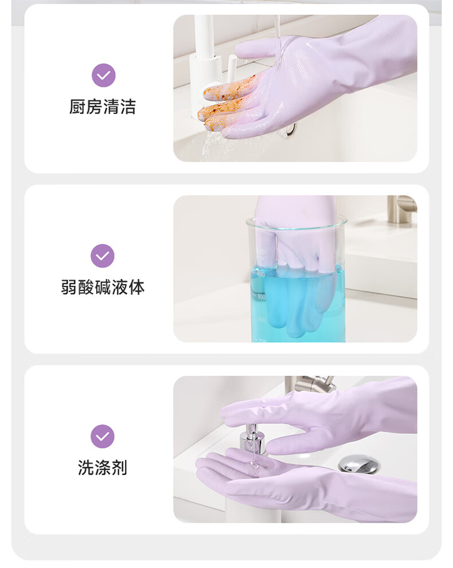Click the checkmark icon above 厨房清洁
pyautogui.click(x=104, y=75)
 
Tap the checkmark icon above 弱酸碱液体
pyautogui.click(x=103, y=256)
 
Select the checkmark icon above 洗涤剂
pyautogui.click(x=103, y=436)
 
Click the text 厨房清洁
pyautogui.click(x=103, y=107)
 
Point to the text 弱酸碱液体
pyautogui.click(x=103, y=287)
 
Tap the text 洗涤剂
pyautogui.click(x=103, y=468)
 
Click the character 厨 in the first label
pyautogui.click(x=77, y=107)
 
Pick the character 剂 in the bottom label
pyautogui.click(x=120, y=468)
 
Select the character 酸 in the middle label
pyautogui.click(x=86, y=287)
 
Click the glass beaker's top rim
pyautogui.click(x=296, y=221)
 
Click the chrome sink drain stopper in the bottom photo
pyautogui.click(x=360, y=464)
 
